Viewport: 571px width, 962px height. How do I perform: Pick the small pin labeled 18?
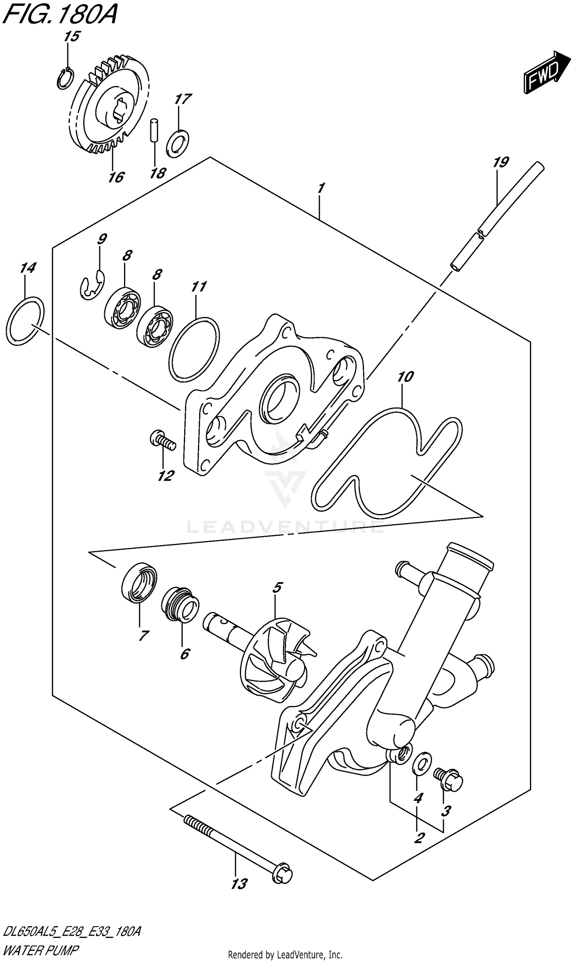click(x=153, y=130)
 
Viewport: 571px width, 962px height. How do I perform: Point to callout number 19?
click(x=501, y=162)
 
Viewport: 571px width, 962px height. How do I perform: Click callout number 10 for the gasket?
click(x=405, y=376)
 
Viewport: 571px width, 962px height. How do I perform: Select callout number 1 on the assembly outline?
click(x=320, y=188)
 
